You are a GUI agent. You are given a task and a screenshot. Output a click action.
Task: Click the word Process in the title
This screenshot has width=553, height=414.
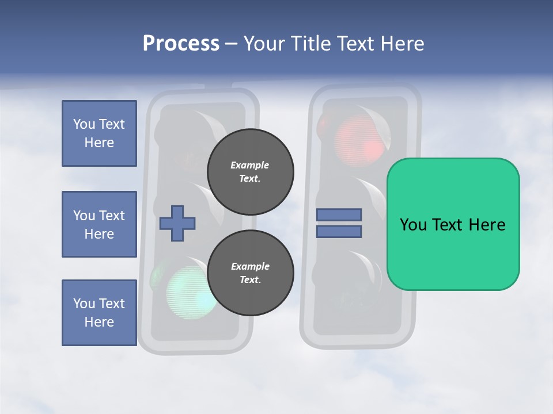click(x=181, y=44)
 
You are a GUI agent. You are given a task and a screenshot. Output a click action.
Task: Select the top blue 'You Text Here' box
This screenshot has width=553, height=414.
click(x=99, y=133)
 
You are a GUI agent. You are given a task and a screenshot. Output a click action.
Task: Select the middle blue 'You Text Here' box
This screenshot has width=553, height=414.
click(x=99, y=224)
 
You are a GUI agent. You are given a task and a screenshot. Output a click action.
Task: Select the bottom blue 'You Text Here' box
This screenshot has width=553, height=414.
click(x=99, y=312)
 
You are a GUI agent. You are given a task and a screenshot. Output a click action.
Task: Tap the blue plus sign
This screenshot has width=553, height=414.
click(x=177, y=223)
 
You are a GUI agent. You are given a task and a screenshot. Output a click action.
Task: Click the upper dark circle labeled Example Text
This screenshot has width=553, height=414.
click(x=250, y=172)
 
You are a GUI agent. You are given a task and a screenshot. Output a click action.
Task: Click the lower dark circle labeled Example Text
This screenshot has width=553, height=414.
click(x=250, y=273)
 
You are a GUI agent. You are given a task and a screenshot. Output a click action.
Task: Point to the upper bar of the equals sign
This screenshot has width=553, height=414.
click(x=339, y=214)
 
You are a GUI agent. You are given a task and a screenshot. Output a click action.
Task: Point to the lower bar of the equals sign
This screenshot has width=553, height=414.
click(x=339, y=232)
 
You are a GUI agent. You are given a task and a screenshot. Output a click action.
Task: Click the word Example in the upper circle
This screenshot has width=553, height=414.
click(x=249, y=165)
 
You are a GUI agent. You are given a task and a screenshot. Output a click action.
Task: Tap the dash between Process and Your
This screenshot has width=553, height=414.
click(x=232, y=44)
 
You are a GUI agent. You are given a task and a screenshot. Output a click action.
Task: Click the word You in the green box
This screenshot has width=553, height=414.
click(x=412, y=225)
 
